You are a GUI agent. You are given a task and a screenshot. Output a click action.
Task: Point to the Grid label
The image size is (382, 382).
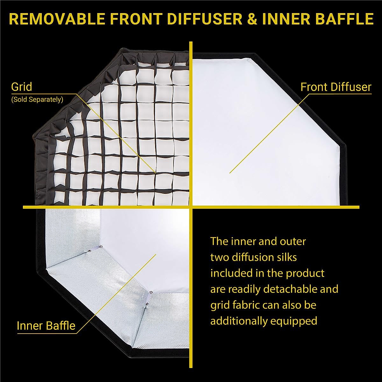[x=21, y=87]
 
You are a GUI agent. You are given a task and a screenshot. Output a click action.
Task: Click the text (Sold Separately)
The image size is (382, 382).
[x=37, y=99]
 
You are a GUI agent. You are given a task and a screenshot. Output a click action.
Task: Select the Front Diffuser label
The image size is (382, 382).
[x=336, y=87]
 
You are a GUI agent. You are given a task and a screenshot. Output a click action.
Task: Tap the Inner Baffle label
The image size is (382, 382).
[x=46, y=326]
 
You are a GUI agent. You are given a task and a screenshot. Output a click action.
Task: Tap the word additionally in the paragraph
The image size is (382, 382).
[x=239, y=321]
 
